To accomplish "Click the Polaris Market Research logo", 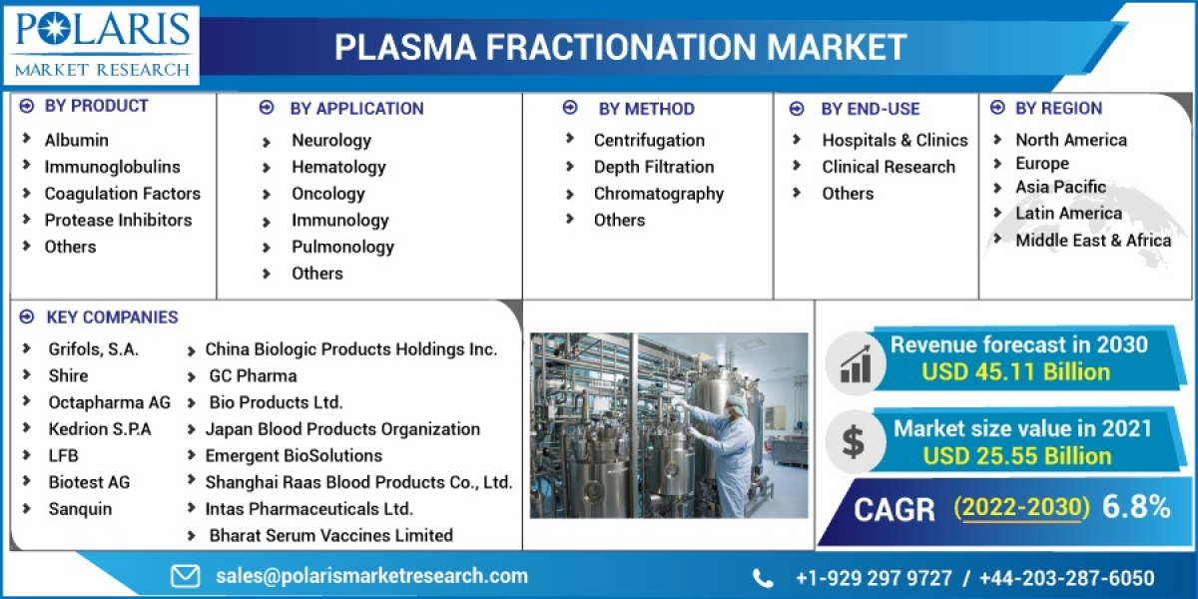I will click(101, 44).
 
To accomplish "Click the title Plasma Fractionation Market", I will click(620, 46).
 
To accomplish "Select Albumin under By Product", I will click(76, 140).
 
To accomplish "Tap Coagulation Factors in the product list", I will click(122, 193).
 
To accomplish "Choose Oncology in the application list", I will click(327, 194).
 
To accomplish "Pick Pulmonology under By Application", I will click(342, 247).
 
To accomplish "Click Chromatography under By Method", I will click(658, 194).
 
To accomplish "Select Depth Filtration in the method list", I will click(653, 167).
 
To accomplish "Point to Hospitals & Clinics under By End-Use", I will click(895, 140).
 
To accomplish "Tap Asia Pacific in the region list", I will click(1060, 187).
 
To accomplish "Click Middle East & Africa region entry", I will click(1093, 240).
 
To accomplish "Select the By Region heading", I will click(1058, 108).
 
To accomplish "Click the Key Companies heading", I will click(112, 317).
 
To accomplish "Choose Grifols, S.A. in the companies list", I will click(94, 349).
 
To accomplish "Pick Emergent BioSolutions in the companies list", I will click(294, 455).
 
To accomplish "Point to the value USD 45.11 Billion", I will click(1016, 372).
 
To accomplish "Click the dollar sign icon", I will click(854, 440).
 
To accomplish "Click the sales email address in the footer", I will click(371, 576).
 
